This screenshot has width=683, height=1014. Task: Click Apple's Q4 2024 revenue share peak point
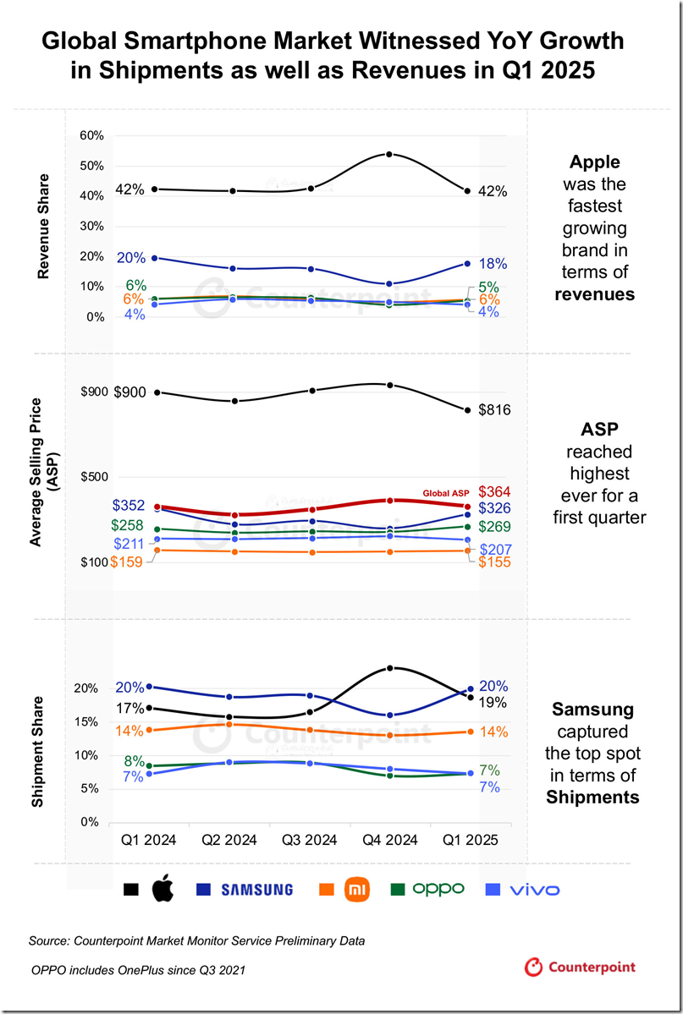(388, 155)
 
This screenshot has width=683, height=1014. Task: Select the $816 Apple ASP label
(493, 410)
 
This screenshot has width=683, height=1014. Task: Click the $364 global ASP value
(494, 492)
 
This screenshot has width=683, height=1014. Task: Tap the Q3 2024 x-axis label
(309, 841)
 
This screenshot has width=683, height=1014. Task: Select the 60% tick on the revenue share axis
(91, 135)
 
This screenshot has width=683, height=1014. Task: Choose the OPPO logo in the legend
(438, 889)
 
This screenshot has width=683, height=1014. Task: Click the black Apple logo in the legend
(162, 890)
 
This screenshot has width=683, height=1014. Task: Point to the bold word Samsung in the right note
(592, 709)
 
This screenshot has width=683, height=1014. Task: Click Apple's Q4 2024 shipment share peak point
(388, 668)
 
